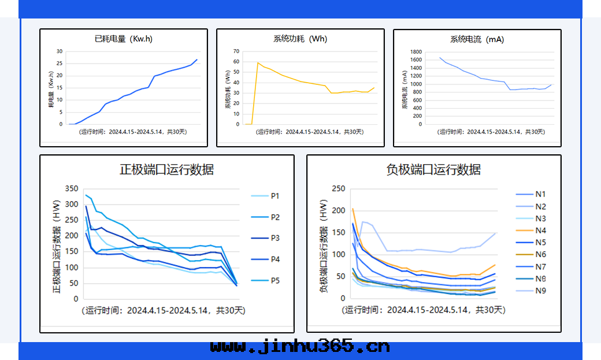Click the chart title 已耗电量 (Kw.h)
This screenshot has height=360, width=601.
click(x=124, y=39)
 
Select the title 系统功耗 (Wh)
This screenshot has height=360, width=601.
click(x=300, y=39)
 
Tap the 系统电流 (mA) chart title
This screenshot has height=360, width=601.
click(x=477, y=39)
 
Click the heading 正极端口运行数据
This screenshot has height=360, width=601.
click(x=166, y=169)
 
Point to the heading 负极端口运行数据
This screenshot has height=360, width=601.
click(x=433, y=169)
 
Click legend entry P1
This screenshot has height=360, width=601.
click(x=275, y=196)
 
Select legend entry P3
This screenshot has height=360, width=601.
click(x=275, y=238)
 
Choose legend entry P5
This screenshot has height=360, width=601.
click(x=275, y=281)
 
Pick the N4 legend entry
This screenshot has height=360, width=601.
click(x=540, y=231)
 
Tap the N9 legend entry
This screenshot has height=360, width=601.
click(x=540, y=291)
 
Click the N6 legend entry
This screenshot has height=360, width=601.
click(x=540, y=254)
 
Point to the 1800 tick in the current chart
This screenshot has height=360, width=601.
click(x=415, y=51)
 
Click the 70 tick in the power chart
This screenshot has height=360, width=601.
click(x=236, y=51)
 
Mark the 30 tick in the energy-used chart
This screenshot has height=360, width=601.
click(x=59, y=51)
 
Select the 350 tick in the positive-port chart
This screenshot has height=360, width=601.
click(x=71, y=188)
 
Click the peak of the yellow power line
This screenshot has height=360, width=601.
click(x=258, y=62)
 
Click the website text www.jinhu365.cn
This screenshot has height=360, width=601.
click(x=300, y=347)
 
